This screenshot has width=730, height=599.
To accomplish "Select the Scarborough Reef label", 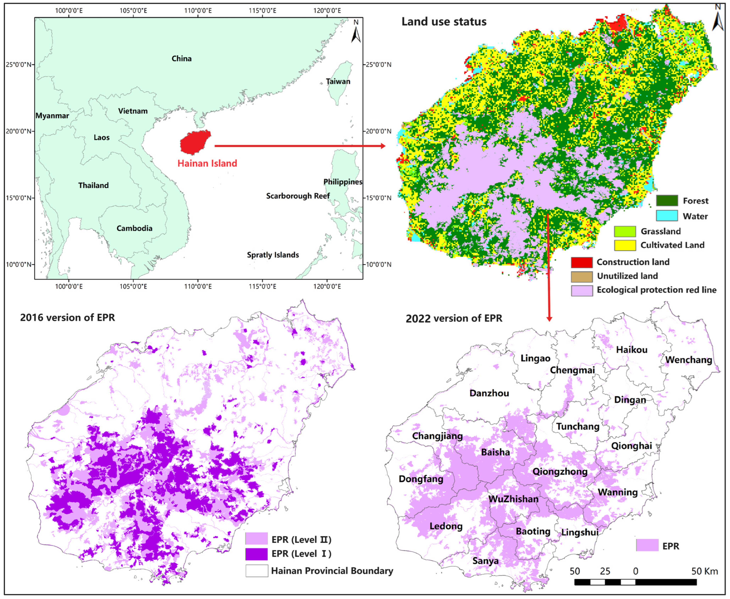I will coord(298,196).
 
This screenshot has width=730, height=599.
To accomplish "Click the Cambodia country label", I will coord(134,228).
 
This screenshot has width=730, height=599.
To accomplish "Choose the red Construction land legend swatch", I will coord(582,262).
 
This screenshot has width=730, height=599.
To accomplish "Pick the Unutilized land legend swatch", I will coord(582,276).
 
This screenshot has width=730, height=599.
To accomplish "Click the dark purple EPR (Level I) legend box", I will coord(256,554).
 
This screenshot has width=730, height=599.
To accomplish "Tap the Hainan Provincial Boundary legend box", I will coord(256,571).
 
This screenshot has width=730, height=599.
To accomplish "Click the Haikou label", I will coord(631,350).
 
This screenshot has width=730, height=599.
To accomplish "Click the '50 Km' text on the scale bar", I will coord(704,571).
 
